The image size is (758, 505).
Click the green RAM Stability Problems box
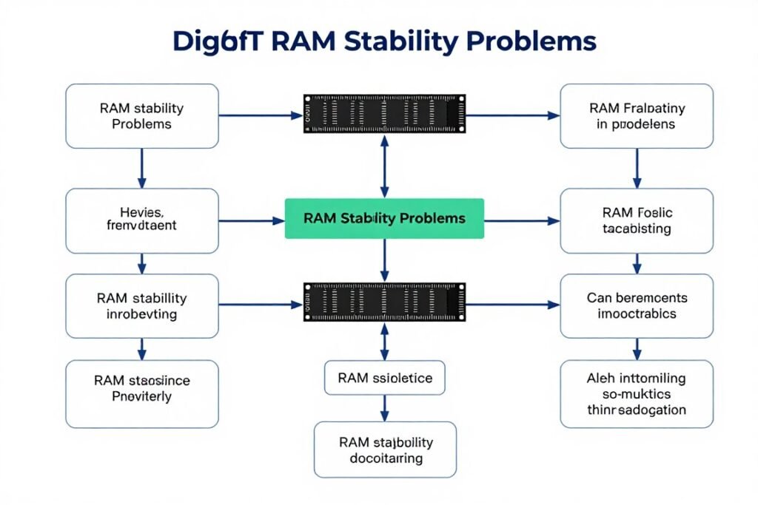click(384, 218)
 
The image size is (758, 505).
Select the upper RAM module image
click(384, 115)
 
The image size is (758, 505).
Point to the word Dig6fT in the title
click(218, 41)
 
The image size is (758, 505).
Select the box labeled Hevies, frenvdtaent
click(142, 220)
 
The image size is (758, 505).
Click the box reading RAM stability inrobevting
click(142, 306)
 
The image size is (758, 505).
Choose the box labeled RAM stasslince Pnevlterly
click(142, 393)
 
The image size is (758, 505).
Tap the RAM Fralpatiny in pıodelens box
click(637, 116)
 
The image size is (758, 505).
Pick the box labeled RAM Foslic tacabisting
click(637, 220)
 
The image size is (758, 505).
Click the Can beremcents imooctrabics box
click(637, 306)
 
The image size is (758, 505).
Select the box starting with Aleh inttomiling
click(637, 393)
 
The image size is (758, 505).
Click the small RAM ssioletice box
click(384, 378)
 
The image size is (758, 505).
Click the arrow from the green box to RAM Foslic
click(522, 220)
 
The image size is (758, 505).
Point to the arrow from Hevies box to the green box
click(252, 220)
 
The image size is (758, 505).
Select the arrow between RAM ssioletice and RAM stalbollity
click(384, 407)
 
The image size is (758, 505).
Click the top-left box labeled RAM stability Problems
click(142, 116)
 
